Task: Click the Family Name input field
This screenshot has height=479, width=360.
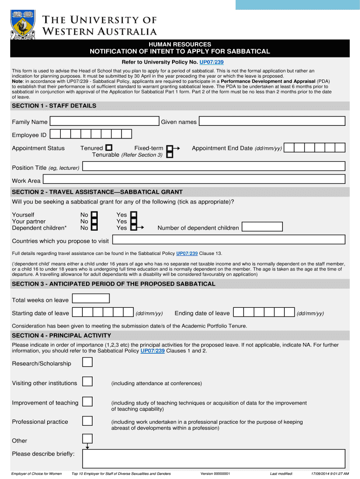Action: pos(104,122)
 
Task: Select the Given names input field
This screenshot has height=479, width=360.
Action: pos(272,122)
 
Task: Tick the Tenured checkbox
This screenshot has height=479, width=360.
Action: pos(109,148)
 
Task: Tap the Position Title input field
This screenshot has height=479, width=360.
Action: pos(213,167)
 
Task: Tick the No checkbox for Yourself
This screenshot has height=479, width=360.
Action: pos(94,215)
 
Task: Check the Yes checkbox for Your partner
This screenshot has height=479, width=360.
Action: pos(134,221)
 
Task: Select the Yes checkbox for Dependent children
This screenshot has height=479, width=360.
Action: pos(134,228)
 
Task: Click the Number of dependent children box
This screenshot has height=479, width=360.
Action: pos(262,227)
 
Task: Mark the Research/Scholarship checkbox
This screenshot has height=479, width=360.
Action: pos(87,363)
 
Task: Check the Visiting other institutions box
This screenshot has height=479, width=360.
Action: pos(87,382)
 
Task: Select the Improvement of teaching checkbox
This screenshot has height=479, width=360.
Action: pos(87,402)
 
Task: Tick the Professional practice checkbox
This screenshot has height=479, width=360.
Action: pos(87,421)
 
